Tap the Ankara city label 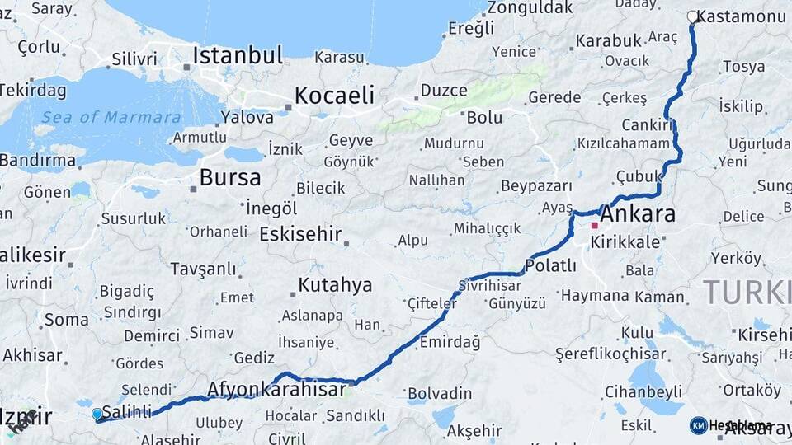[638, 215]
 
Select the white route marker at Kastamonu [692, 16]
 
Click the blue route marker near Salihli [97, 414]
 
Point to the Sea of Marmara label [111, 117]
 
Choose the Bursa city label [230, 177]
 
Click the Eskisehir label [300, 234]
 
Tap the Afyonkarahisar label [276, 389]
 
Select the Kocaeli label [334, 95]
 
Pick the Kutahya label [335, 285]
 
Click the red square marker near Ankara [594, 225]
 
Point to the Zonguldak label [530, 7]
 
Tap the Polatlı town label [550, 265]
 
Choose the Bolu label [484, 117]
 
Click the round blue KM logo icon [699, 425]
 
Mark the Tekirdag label [31, 90]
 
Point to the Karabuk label [608, 40]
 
